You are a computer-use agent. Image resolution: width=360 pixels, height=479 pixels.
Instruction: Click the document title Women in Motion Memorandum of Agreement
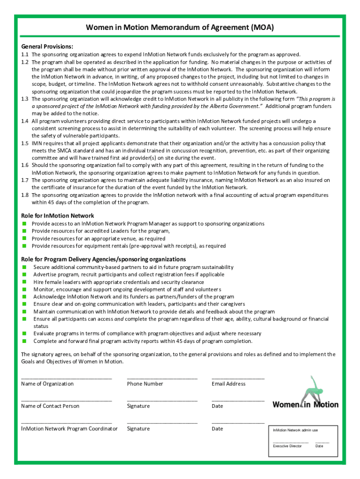(180, 28)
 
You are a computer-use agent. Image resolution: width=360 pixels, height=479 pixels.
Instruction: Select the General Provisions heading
(47, 46)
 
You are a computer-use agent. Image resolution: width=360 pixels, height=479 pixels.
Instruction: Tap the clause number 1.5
(25, 143)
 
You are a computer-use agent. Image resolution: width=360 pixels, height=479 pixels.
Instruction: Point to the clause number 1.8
(25, 195)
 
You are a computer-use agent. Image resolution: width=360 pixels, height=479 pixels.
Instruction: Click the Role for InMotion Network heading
(58, 216)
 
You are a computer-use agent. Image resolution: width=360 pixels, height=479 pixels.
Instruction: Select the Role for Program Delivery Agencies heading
(103, 259)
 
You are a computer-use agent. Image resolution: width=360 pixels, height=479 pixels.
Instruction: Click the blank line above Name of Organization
(66, 377)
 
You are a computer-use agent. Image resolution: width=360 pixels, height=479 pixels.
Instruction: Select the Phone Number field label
(145, 384)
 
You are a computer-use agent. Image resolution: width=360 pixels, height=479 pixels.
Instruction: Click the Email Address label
(228, 384)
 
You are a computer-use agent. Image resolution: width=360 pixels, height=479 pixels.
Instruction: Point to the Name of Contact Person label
(50, 406)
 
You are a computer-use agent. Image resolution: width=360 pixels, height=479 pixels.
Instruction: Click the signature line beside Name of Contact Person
(162, 400)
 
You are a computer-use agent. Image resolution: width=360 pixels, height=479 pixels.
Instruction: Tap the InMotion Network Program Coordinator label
(69, 428)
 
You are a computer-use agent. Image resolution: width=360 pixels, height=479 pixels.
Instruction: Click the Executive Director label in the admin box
(287, 446)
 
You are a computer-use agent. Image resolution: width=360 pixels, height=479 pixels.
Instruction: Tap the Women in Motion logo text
(305, 405)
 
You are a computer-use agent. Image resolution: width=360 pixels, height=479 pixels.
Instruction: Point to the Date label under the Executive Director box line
(319, 446)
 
